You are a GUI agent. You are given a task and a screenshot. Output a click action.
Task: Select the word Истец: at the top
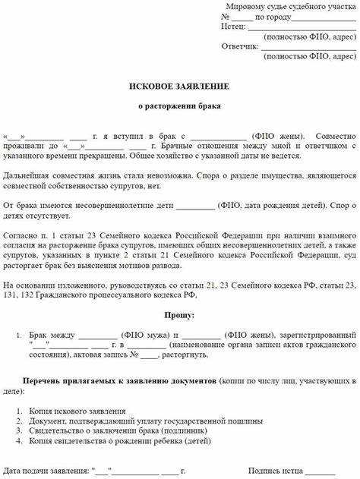click(233, 27)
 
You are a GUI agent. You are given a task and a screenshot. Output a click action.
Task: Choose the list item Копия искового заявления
click(77, 411)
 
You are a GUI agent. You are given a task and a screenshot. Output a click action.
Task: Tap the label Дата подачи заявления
click(46, 471)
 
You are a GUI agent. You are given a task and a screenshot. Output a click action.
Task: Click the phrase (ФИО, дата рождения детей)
click(266, 205)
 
